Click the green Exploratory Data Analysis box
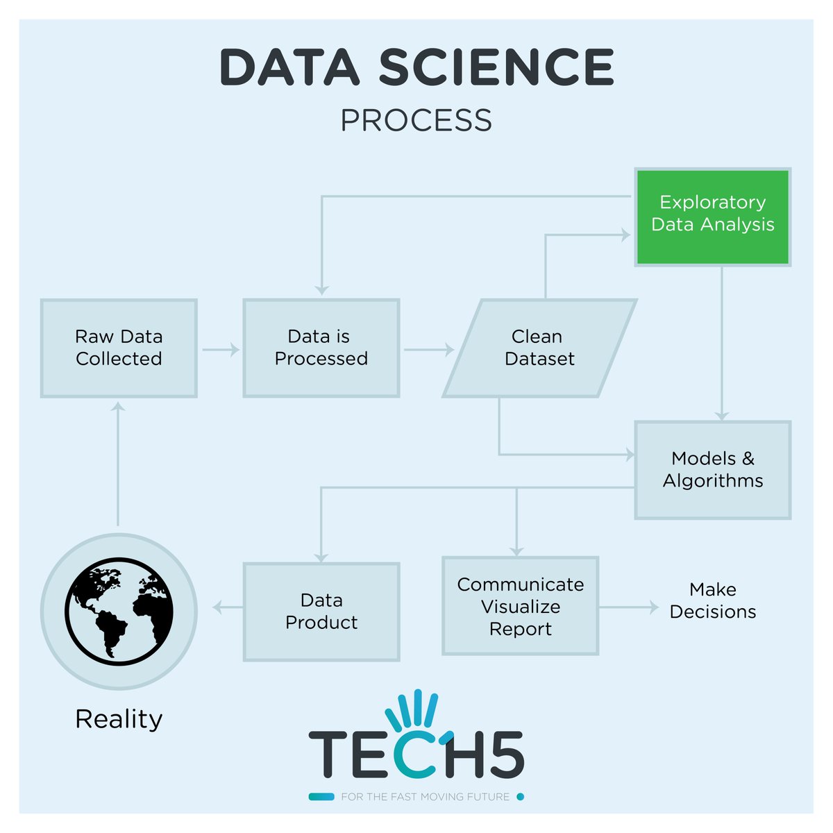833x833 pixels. coord(713,217)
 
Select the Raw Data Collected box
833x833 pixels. coord(119,348)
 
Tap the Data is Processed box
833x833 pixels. coord(321,348)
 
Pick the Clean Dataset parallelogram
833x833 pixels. coord(539,348)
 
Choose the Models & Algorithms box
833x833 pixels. coord(713,470)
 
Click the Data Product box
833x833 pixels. coord(321,612)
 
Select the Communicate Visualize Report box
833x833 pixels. coord(521,606)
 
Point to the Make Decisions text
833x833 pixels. coord(713,600)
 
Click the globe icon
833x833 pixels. coord(119,612)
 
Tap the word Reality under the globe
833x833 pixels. coord(119,719)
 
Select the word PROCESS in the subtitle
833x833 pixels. coord(416,121)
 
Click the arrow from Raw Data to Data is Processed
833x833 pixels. coord(221,349)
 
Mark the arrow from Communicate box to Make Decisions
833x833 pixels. coord(628,607)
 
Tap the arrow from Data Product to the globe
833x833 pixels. coord(227,608)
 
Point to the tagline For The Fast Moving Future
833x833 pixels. coord(425,797)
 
